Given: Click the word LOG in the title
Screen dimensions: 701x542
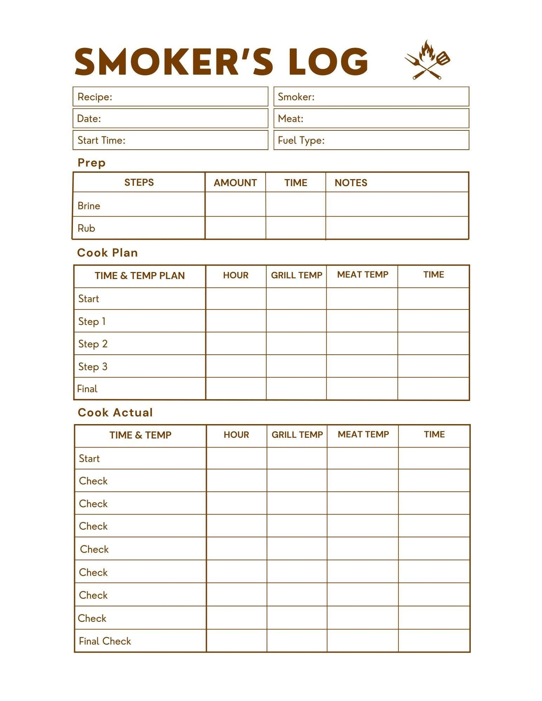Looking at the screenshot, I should tap(328, 62).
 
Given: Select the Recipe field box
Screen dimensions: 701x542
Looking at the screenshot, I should tap(170, 97).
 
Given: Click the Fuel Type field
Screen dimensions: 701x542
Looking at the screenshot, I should tap(371, 140).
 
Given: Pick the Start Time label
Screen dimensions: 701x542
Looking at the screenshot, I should tap(101, 140).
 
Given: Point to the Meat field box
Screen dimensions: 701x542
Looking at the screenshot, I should tap(371, 118).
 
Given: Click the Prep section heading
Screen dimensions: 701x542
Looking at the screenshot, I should tap(92, 163).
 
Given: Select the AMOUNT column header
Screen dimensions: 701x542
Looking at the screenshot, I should tap(235, 183).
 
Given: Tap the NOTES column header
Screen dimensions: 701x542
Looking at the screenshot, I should tap(351, 183).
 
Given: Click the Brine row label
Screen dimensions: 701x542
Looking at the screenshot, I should tap(89, 206).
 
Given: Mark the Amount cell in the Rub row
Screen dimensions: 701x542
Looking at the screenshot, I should tap(235, 228).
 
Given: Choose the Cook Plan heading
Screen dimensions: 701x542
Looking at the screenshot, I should tap(107, 253).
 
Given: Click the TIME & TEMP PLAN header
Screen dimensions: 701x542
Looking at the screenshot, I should tap(140, 275).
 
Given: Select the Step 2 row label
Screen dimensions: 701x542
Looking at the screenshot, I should tap(93, 344).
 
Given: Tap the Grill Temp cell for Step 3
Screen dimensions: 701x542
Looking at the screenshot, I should tap(296, 366).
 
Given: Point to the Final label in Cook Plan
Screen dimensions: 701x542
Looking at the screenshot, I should tap(87, 389).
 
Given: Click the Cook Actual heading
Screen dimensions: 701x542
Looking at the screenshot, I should tap(115, 413).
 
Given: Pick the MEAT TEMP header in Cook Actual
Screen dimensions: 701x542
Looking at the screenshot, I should tap(363, 435).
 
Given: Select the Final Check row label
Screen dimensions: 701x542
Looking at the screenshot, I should tap(105, 641).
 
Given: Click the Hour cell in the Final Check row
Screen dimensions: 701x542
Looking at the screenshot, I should tap(236, 641).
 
